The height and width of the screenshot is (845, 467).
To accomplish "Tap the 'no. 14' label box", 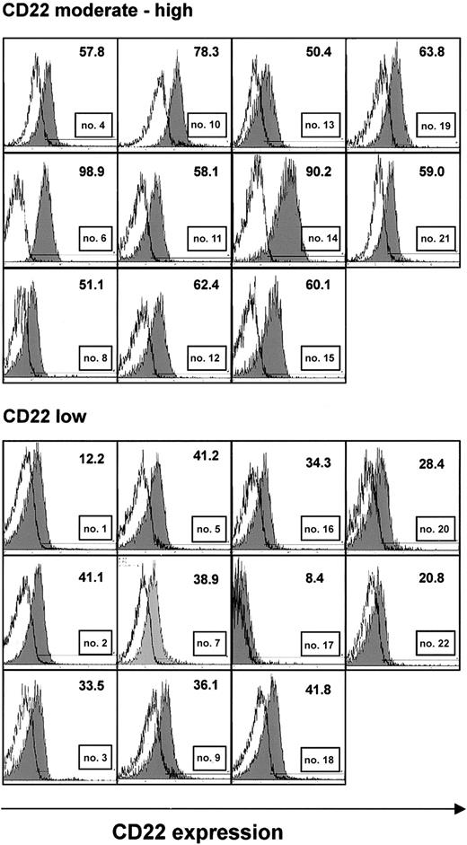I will click(324, 239).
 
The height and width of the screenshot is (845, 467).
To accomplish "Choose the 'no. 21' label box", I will click(439, 239).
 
